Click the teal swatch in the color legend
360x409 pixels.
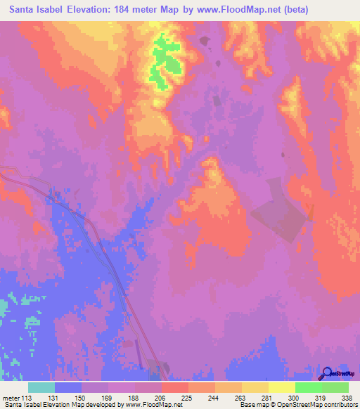tap(41, 387)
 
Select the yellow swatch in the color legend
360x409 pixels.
tap(281, 387)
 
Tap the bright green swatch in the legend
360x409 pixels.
tap(308, 387)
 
